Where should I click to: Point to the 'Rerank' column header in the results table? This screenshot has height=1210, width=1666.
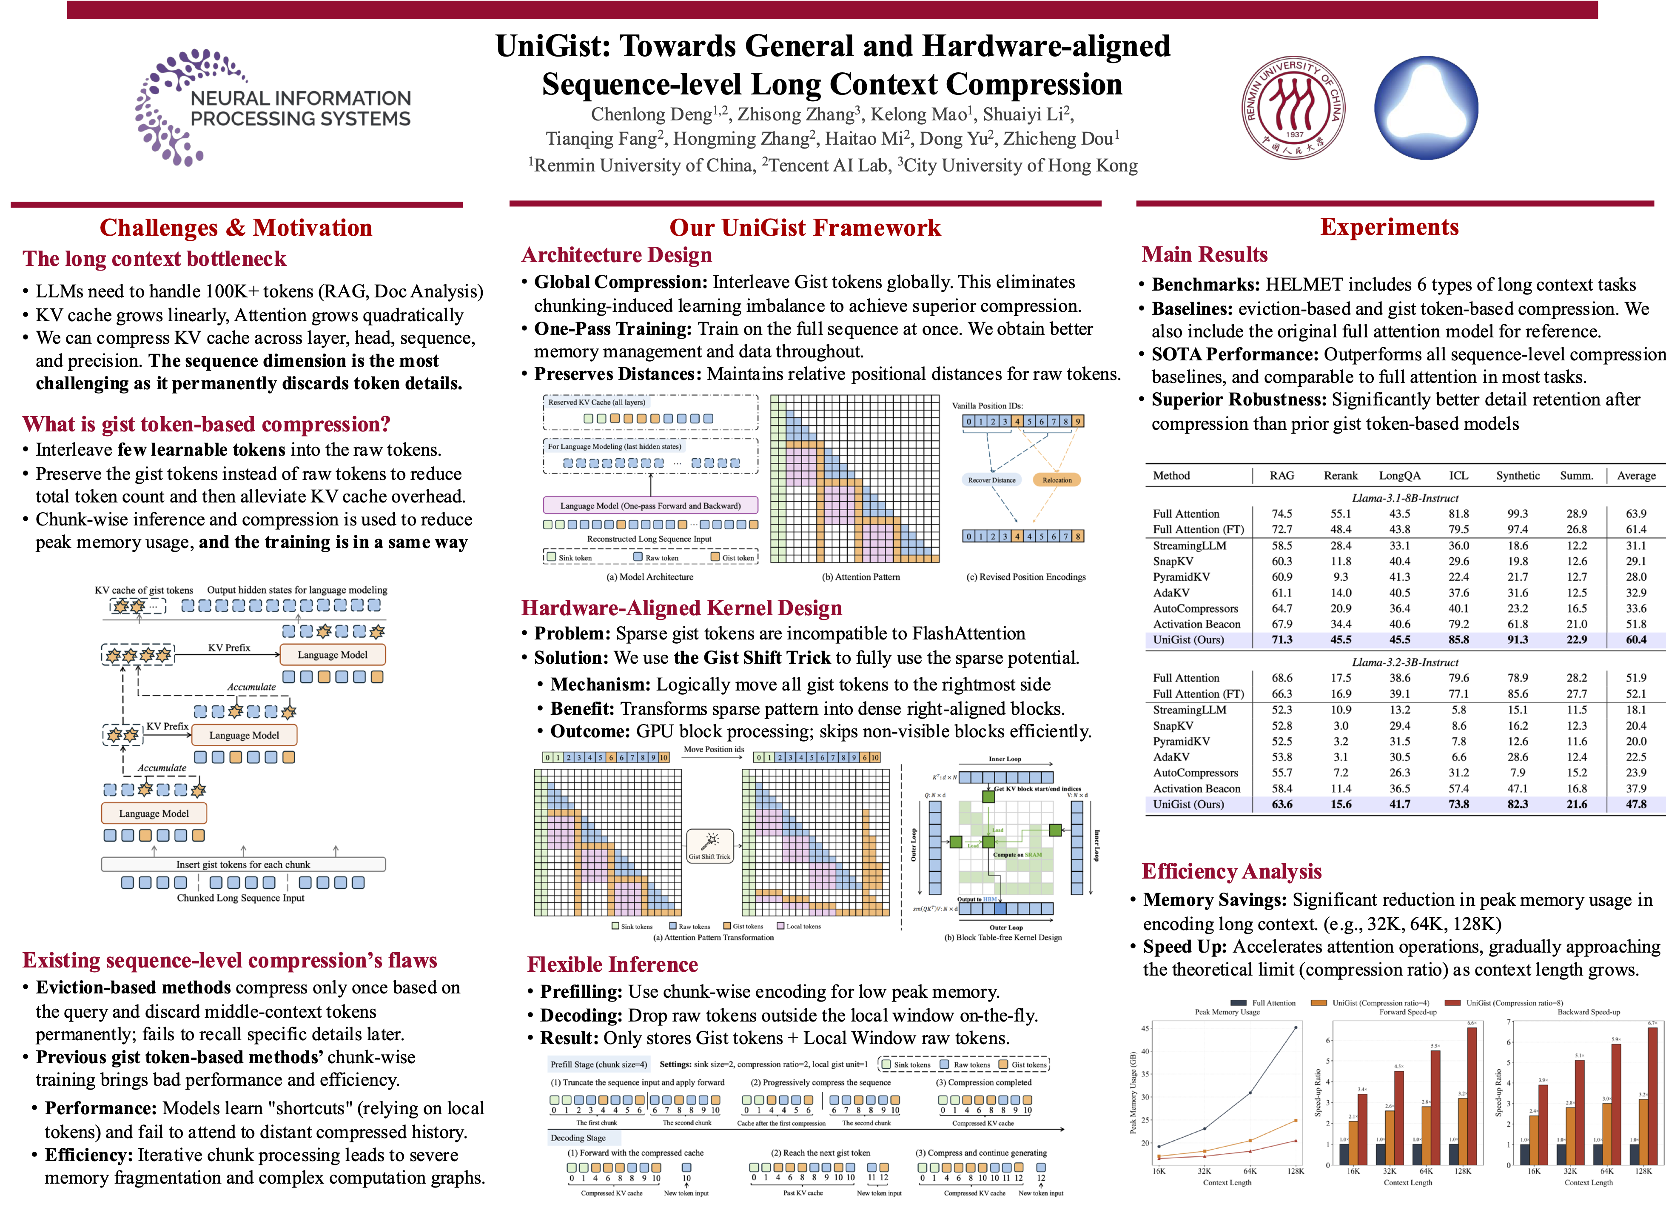(1341, 475)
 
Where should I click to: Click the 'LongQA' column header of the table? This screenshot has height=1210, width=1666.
(1399, 475)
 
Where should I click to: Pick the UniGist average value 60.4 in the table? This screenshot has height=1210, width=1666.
(1636, 640)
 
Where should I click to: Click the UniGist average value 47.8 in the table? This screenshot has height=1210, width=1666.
(1636, 805)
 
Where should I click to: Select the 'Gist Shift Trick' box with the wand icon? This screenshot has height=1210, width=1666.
(709, 846)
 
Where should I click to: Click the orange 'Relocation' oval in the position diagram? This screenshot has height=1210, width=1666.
(1057, 480)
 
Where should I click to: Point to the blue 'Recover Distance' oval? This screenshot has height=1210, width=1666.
(992, 480)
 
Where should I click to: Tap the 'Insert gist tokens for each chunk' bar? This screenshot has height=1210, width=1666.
(243, 865)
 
